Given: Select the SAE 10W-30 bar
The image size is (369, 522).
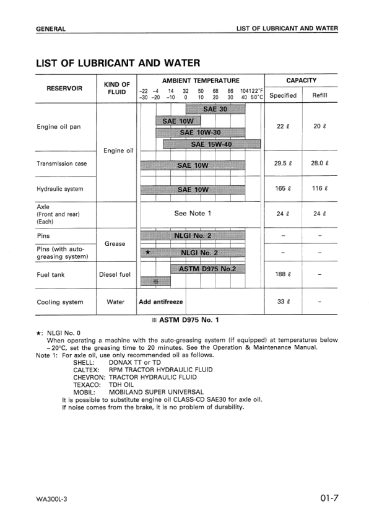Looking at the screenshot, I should [200, 133].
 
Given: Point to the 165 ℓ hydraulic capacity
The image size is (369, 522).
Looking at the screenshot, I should [282, 189].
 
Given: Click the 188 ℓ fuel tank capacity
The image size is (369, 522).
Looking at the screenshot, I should [282, 274].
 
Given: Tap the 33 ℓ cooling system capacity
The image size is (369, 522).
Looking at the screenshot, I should [282, 302].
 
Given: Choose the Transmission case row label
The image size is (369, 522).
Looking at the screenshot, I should [61, 164].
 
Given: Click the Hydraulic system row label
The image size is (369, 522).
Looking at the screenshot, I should [59, 189].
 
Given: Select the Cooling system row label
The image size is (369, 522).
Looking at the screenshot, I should [60, 302].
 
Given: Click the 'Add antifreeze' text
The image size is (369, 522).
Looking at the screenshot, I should [162, 302].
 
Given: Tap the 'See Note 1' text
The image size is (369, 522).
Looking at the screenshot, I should [193, 213].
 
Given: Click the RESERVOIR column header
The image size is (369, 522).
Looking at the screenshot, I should [65, 88].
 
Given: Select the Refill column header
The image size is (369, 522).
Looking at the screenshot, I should [319, 95].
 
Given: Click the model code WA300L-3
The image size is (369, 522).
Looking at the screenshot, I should [53, 498].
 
